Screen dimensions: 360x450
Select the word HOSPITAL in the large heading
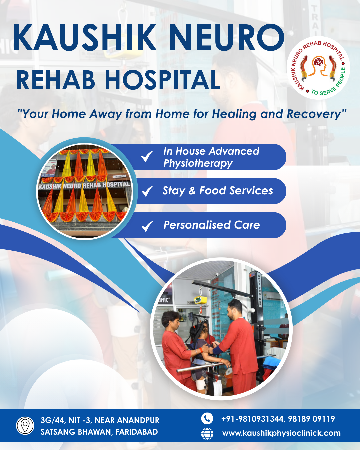coord(163,80)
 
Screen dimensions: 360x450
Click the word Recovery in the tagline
coord(314,114)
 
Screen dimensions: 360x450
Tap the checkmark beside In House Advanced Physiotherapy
coord(147,156)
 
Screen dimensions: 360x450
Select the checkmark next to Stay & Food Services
coord(147,191)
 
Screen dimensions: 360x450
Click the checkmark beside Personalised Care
coord(147,226)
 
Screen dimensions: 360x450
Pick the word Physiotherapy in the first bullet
coord(198,164)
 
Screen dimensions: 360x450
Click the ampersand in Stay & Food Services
coord(192,191)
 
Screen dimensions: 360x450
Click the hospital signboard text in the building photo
coord(84,185)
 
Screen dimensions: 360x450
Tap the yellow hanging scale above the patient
coord(198,300)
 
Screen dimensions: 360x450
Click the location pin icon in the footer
coord(25,426)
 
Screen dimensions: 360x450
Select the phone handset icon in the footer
coord(207,418)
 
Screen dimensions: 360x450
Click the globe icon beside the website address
coord(207,433)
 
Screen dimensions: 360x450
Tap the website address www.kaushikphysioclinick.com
coord(281,433)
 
